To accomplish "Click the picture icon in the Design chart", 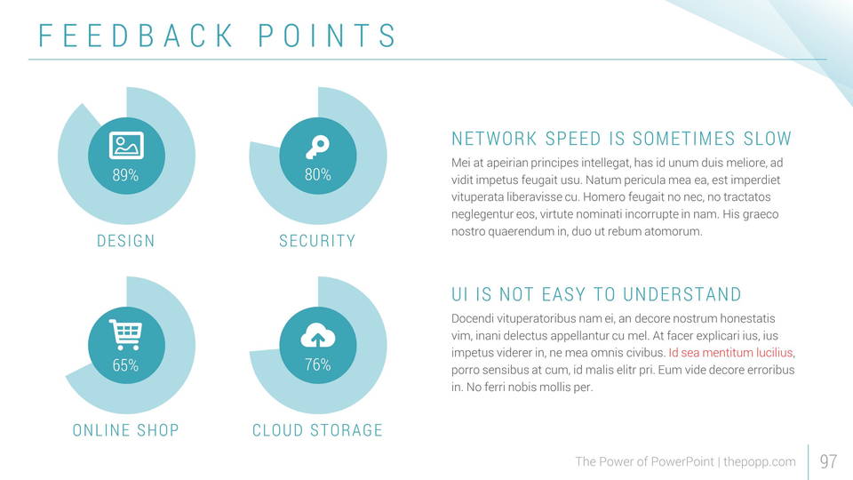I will click(126, 144).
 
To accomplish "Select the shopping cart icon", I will click(125, 335).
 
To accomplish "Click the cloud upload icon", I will click(317, 335).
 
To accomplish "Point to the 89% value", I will click(125, 175).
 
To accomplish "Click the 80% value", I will click(317, 175).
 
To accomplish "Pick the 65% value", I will click(125, 365).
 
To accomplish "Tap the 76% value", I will click(317, 365).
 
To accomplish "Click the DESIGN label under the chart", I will click(125, 241).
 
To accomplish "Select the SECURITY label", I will click(317, 241).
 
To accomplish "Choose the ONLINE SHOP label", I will click(125, 431).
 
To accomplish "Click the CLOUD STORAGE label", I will click(317, 431).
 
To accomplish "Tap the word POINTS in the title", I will click(327, 36).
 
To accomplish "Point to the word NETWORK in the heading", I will click(494, 139).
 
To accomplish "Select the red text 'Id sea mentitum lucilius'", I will click(730, 352).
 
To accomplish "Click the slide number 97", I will click(828, 461).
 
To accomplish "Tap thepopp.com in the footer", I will click(760, 461).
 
